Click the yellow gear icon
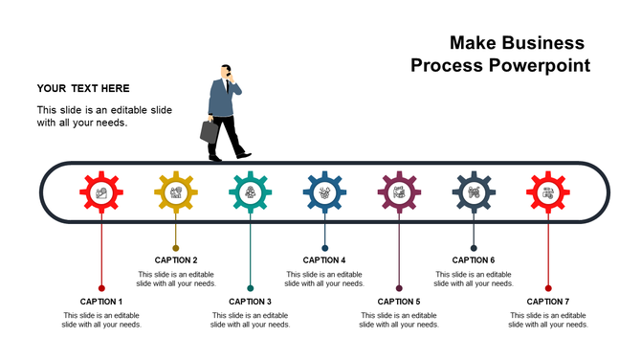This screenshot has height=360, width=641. click(x=176, y=193)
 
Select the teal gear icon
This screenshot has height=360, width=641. click(x=251, y=193)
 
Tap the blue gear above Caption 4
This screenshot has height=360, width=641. click(x=325, y=193)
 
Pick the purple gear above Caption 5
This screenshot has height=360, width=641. click(x=399, y=193)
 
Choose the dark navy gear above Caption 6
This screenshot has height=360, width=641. click(x=474, y=193)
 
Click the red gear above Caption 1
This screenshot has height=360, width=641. click(x=101, y=193)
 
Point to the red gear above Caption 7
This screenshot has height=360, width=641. click(x=548, y=193)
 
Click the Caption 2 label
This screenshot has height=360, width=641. click(x=176, y=259)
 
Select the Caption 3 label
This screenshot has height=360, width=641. click(x=251, y=302)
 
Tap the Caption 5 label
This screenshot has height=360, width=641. click(x=399, y=302)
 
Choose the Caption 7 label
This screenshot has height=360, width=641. click(x=548, y=302)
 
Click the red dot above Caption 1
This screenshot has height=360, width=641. click(x=101, y=287)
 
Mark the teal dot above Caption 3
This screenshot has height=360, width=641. click(x=251, y=287)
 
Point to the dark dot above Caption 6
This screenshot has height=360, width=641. click(x=474, y=248)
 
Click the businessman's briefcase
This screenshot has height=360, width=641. click(x=210, y=132)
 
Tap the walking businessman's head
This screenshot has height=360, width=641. click(x=227, y=71)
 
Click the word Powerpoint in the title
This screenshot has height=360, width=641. click(x=539, y=66)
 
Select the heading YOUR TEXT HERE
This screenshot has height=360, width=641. click(x=83, y=89)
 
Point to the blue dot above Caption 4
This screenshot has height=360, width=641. click(x=325, y=248)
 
